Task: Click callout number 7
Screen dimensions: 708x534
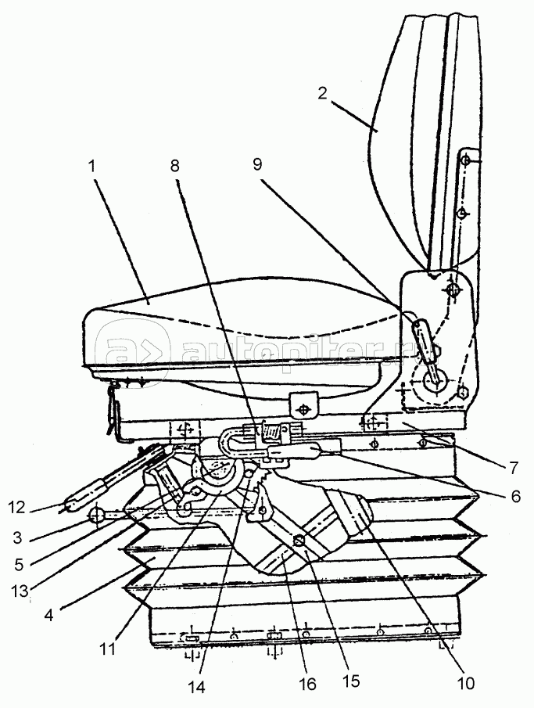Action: (x=512, y=468)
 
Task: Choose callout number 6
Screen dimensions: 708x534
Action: (x=512, y=495)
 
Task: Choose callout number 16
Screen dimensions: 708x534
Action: (x=307, y=684)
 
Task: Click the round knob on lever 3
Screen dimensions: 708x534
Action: (x=97, y=516)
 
